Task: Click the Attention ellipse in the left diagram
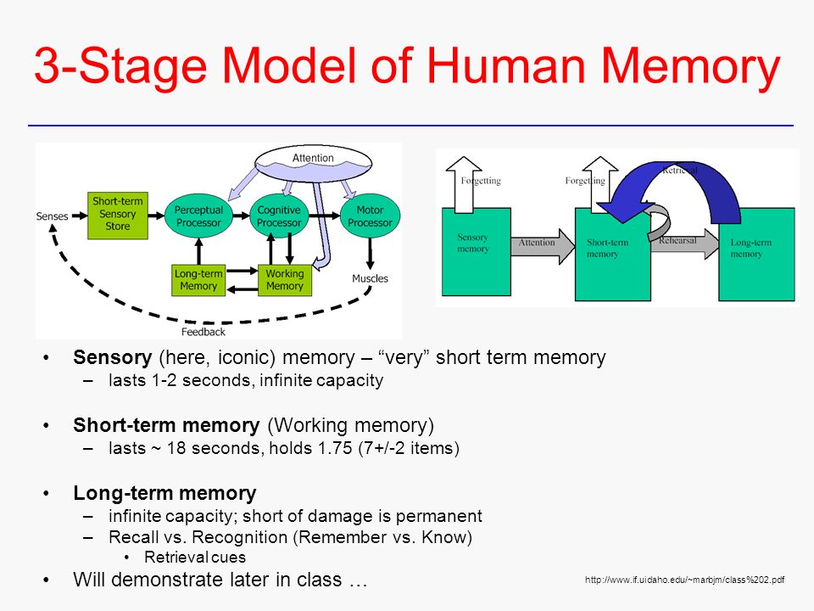pos(313,163)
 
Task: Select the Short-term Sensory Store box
pos(118,215)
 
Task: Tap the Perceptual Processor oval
pos(198,216)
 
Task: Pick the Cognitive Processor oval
pos(279,216)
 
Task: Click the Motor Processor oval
pos(371,216)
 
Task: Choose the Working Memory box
pos(285,280)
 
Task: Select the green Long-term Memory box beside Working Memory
pos(198,280)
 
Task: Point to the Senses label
pos(52,216)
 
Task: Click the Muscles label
pos(371,278)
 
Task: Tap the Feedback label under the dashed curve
pos(203,332)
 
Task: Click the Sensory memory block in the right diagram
pos(476,252)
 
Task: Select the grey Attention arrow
pos(543,246)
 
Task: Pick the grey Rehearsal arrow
pos(684,244)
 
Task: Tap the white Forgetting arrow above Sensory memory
pos(464,185)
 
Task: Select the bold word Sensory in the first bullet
pos(112,358)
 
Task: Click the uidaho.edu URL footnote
pos(685,580)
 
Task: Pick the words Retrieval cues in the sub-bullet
pos(195,557)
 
